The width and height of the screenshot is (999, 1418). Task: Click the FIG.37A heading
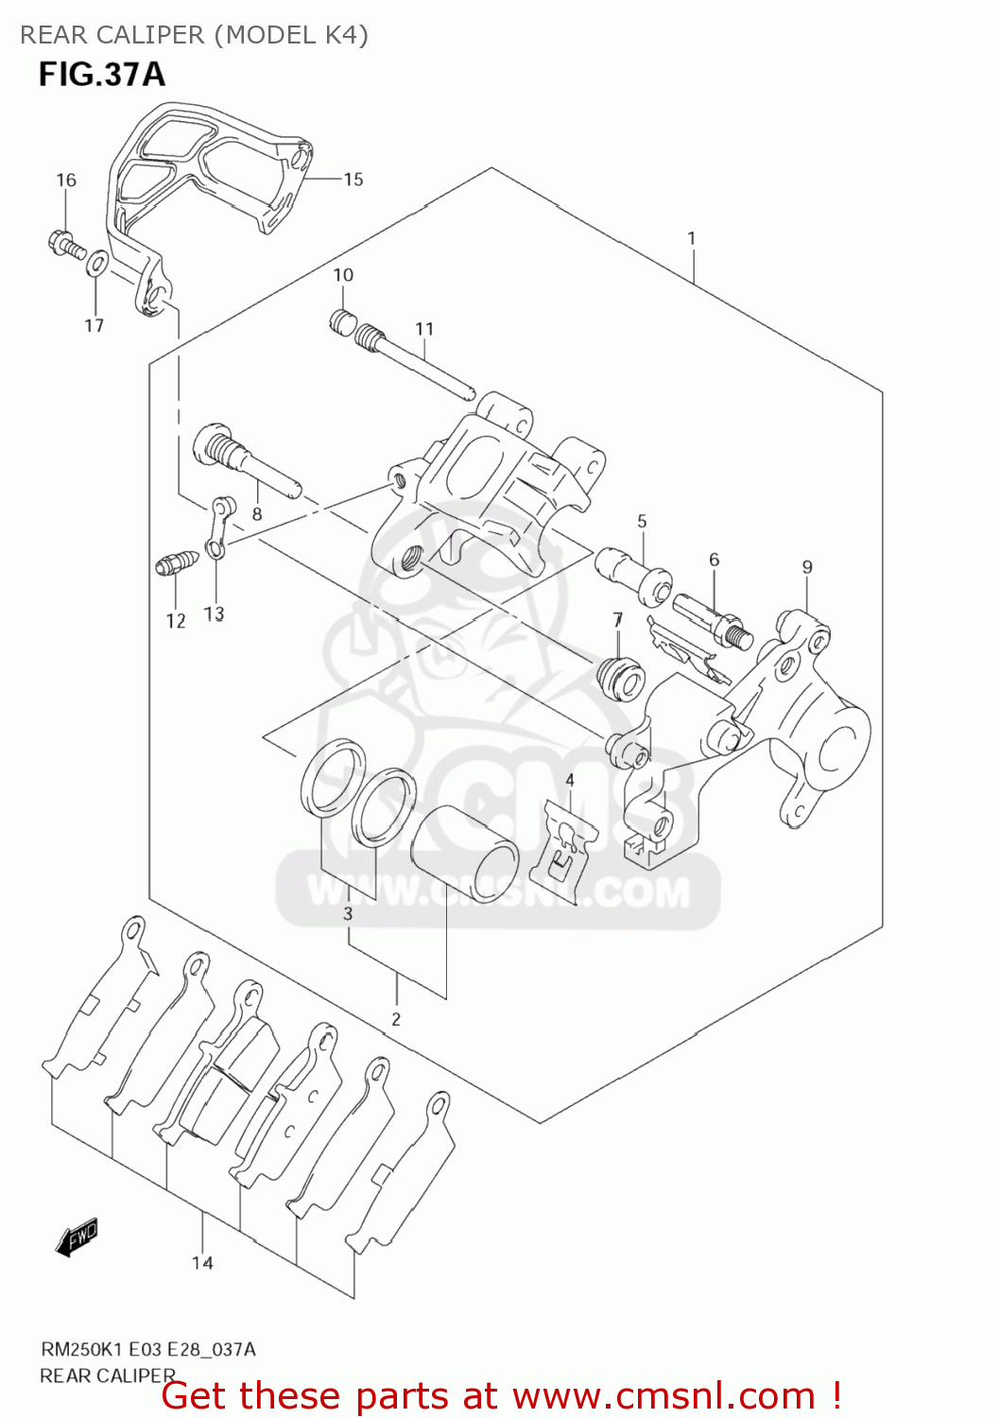[101, 74]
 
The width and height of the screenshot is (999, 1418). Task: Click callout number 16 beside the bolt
[65, 180]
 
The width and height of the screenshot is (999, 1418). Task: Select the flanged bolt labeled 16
[65, 243]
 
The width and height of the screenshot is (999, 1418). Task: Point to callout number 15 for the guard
[353, 179]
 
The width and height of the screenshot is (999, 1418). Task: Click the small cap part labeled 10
[342, 322]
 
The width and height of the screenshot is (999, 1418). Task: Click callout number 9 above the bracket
[806, 567]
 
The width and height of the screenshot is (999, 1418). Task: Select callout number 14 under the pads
[202, 1263]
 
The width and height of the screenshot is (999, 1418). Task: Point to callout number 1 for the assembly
[691, 237]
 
